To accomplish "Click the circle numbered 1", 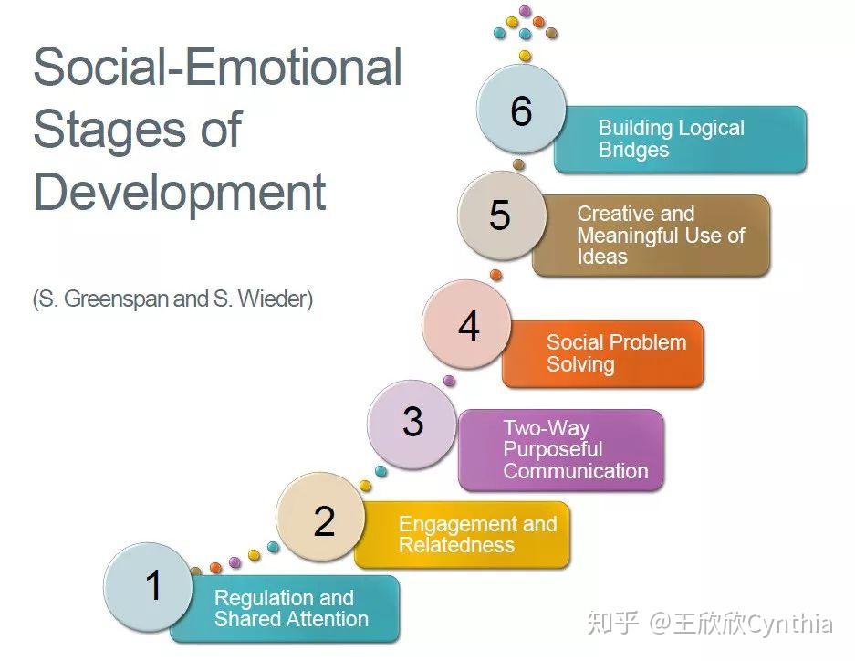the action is coord(149,587).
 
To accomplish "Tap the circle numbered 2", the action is coord(320,517).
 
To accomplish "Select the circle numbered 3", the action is coord(412,425).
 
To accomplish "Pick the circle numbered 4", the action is coord(467,324).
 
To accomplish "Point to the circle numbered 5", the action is coord(502,216).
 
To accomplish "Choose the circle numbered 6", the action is coord(521,109).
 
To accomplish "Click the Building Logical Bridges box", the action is coord(681,140).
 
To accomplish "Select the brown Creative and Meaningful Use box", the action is coord(652,236).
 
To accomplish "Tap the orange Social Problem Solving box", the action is coord(603,354).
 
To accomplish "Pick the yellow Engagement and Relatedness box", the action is coord(463,535).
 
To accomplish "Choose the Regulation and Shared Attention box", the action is coord(285,609).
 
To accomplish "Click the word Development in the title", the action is coord(180,192).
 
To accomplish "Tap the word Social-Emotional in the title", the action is coord(217,67).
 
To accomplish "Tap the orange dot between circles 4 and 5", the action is coord(495,275).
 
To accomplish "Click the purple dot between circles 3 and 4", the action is coord(449,381).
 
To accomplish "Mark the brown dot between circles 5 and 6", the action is coord(518,164).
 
